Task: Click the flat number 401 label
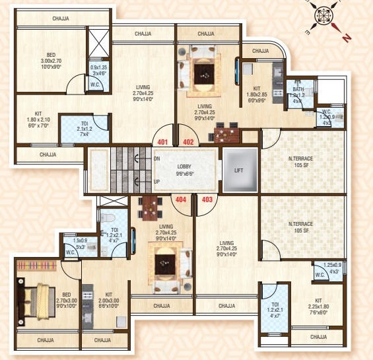163,141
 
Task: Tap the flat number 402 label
187,141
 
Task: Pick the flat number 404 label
179,198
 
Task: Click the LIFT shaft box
238,170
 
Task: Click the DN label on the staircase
156,159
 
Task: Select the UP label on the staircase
156,181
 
